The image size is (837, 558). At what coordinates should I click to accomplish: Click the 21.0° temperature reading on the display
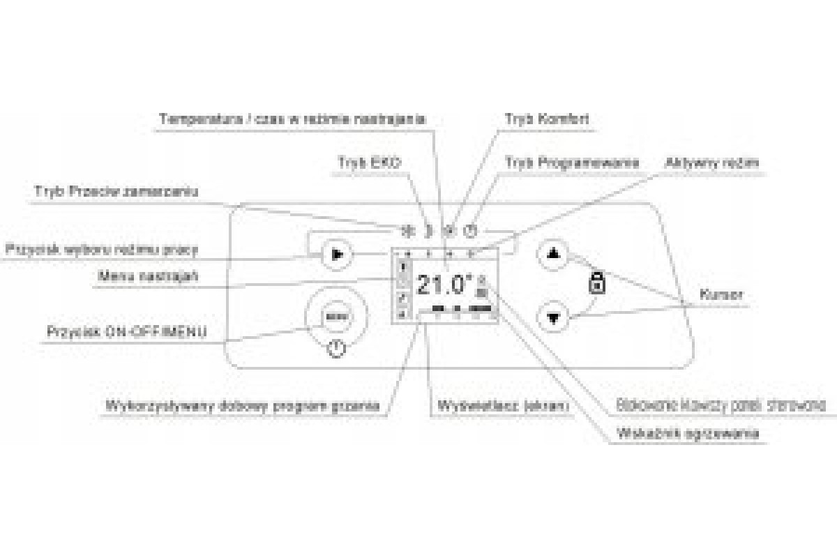[x=444, y=285]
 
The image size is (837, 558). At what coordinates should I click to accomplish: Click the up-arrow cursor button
[x=554, y=253]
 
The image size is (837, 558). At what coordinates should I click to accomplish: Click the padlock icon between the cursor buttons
[x=596, y=283]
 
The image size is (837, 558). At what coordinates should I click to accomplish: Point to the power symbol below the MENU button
[x=336, y=347]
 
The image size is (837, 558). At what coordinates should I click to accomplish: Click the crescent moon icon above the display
[x=429, y=231]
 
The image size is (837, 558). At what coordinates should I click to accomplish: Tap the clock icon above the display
[x=472, y=231]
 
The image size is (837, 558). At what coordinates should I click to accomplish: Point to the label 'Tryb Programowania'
[x=572, y=162]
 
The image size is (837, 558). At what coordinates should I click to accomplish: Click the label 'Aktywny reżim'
[x=711, y=163]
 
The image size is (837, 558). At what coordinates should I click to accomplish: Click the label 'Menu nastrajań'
[x=148, y=277]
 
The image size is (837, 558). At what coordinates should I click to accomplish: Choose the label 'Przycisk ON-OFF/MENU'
[x=126, y=331]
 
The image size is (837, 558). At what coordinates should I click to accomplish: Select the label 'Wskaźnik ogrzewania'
[x=688, y=434]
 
